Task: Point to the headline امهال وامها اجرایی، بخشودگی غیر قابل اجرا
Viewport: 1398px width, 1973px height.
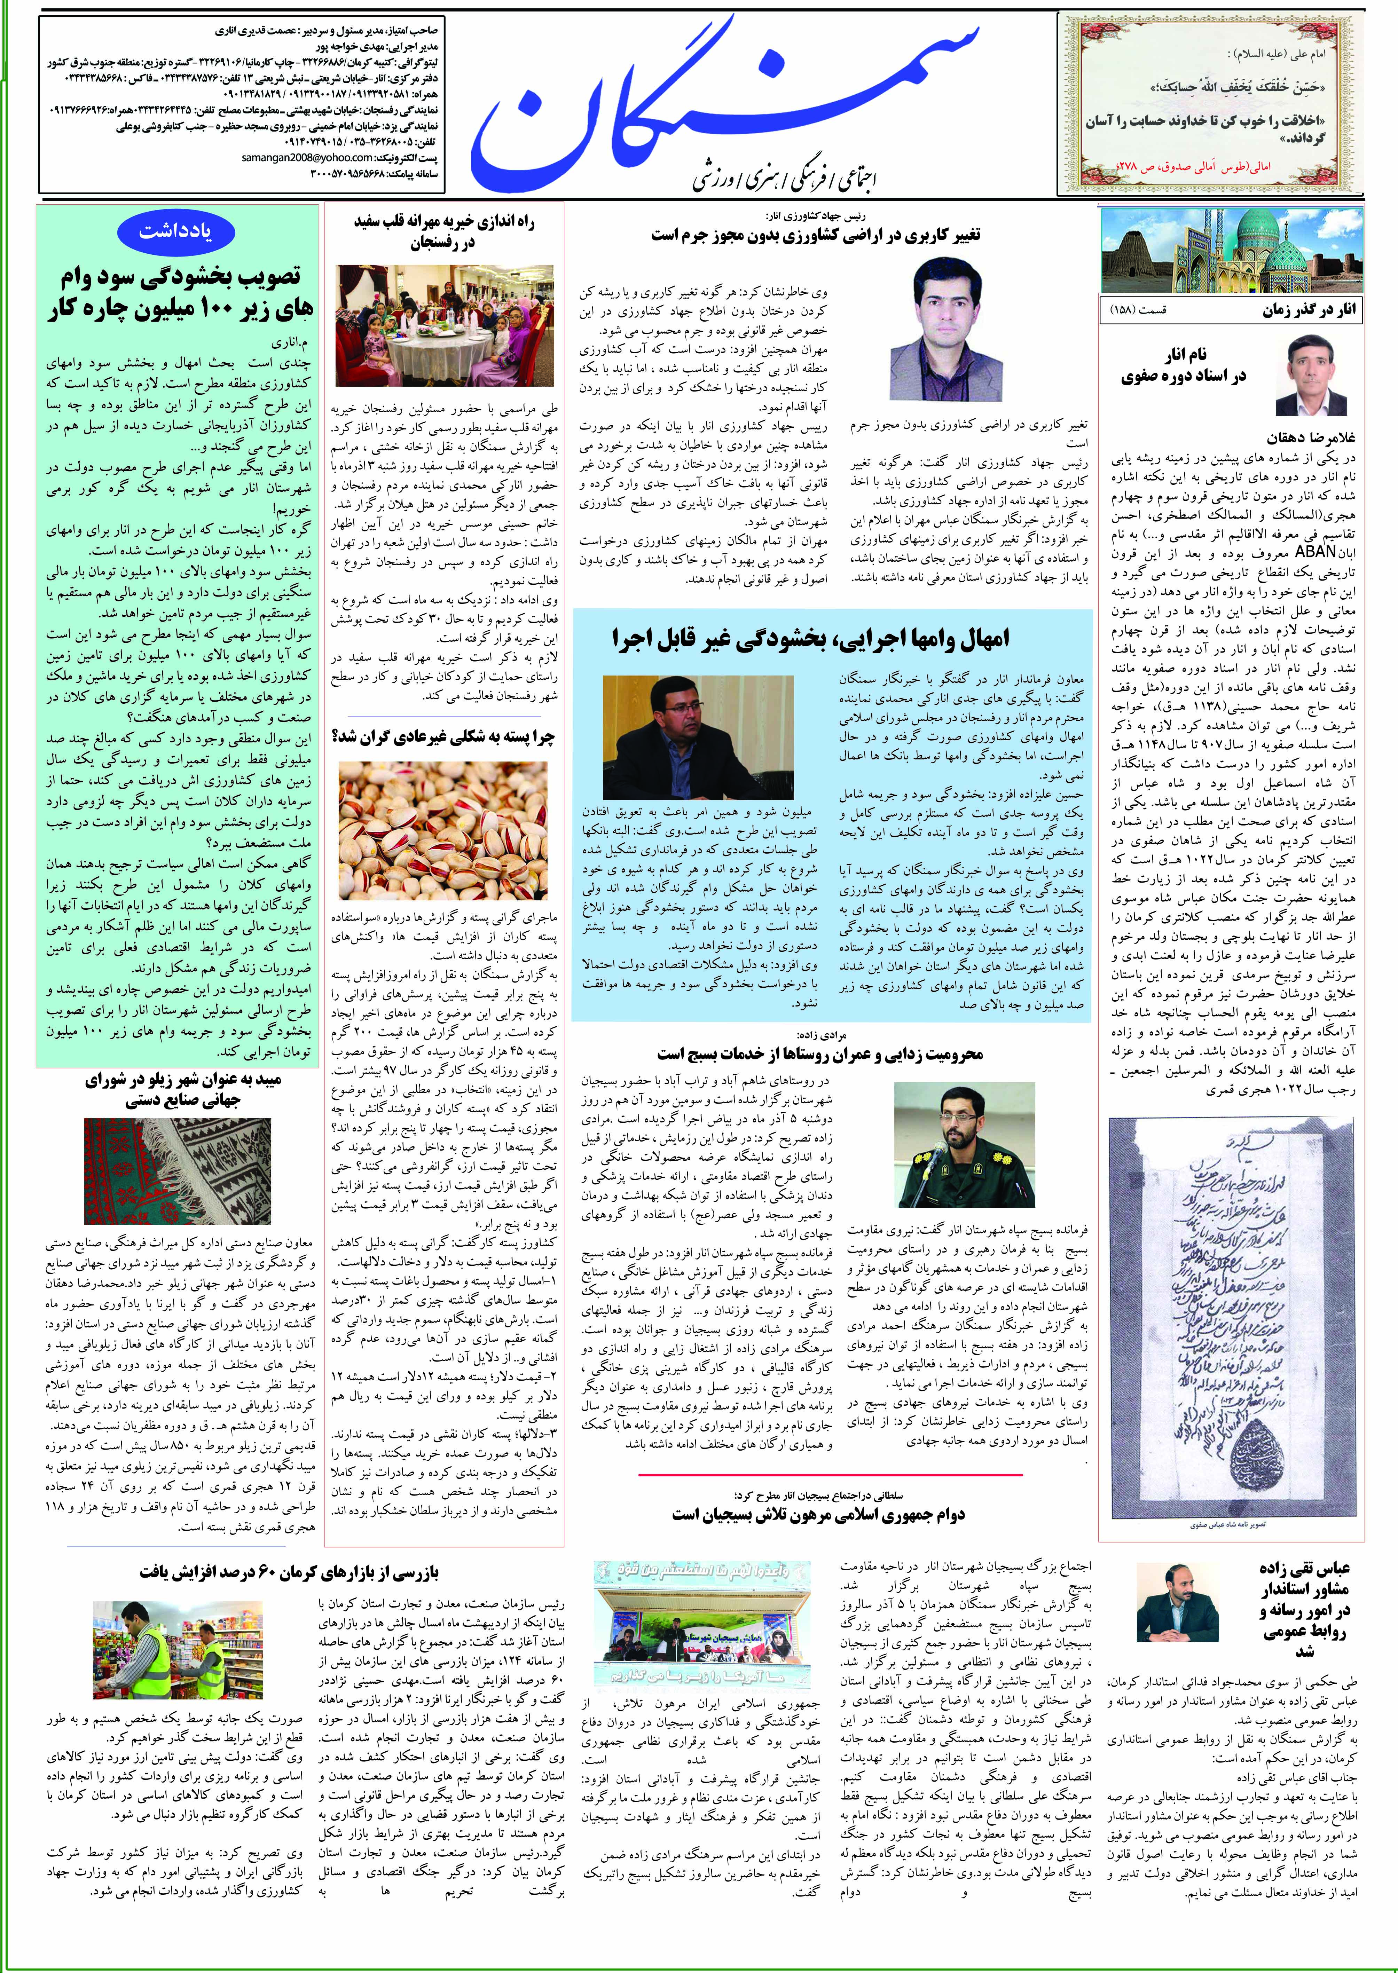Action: [x=810, y=638]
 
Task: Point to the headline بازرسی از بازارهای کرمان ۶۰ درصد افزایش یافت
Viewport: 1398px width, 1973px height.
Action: [x=289, y=1572]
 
